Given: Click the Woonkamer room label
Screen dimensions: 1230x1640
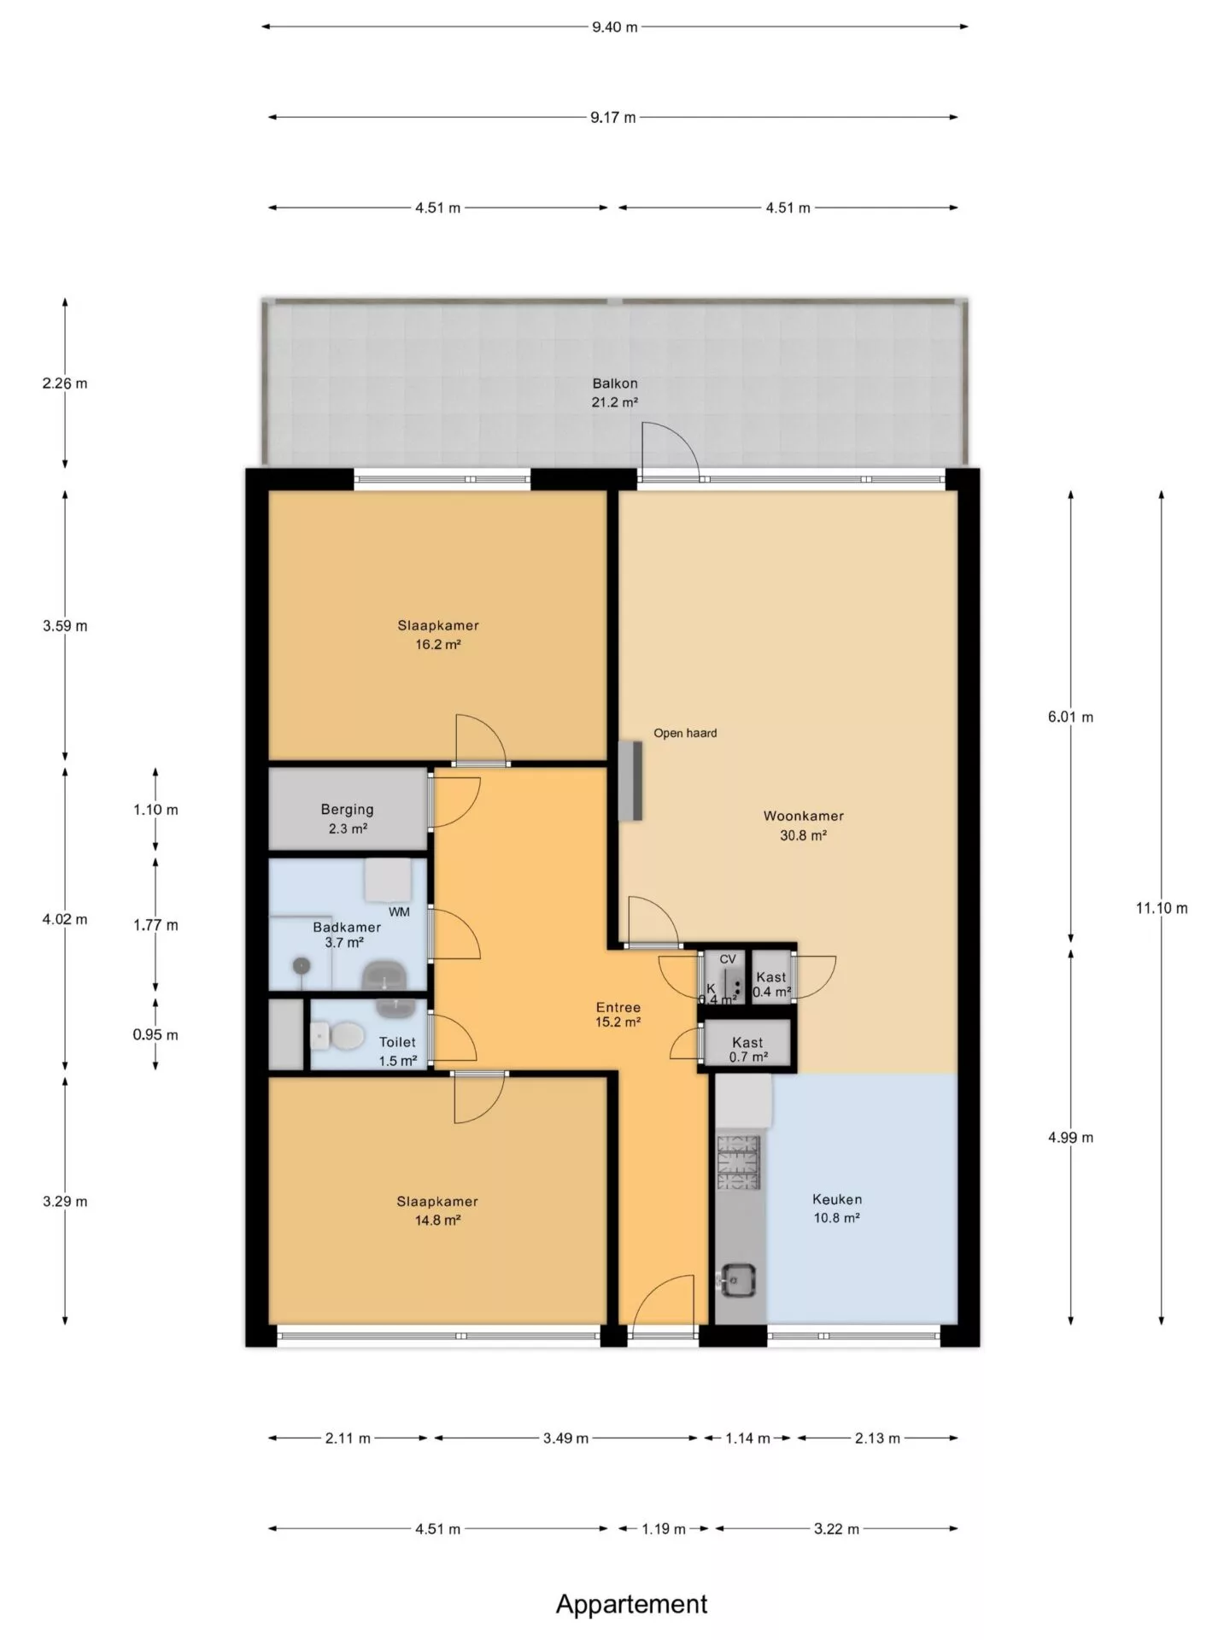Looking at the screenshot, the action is pyautogui.click(x=803, y=816).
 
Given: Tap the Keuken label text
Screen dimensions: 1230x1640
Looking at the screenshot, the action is pyautogui.click(x=836, y=1199).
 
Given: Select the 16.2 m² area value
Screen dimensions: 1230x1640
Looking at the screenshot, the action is pyautogui.click(x=438, y=645).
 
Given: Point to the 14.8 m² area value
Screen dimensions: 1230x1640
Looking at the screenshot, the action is pyautogui.click(x=437, y=1221).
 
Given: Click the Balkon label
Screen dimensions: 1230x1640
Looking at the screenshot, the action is pyautogui.click(x=615, y=384).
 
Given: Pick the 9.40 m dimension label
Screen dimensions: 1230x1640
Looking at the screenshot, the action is pyautogui.click(x=615, y=26).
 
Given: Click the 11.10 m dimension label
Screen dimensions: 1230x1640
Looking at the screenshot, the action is pyautogui.click(x=1161, y=909).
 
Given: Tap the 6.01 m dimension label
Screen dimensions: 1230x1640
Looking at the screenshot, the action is pyautogui.click(x=1070, y=717).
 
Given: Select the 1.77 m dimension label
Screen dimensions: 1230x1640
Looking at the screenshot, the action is pyautogui.click(x=155, y=925).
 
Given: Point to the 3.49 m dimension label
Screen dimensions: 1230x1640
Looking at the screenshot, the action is pyautogui.click(x=565, y=1438).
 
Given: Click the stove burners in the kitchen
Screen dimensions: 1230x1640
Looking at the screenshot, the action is pyautogui.click(x=738, y=1162).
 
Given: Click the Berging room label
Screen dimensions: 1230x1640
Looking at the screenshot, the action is pyautogui.click(x=348, y=809).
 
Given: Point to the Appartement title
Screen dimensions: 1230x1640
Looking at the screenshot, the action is pyautogui.click(x=632, y=1604).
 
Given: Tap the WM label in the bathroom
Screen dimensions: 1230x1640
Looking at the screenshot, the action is pyautogui.click(x=399, y=911).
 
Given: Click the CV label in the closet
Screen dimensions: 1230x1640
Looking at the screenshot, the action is pyautogui.click(x=728, y=959).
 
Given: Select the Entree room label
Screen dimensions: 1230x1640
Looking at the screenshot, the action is pyautogui.click(x=618, y=1008).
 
